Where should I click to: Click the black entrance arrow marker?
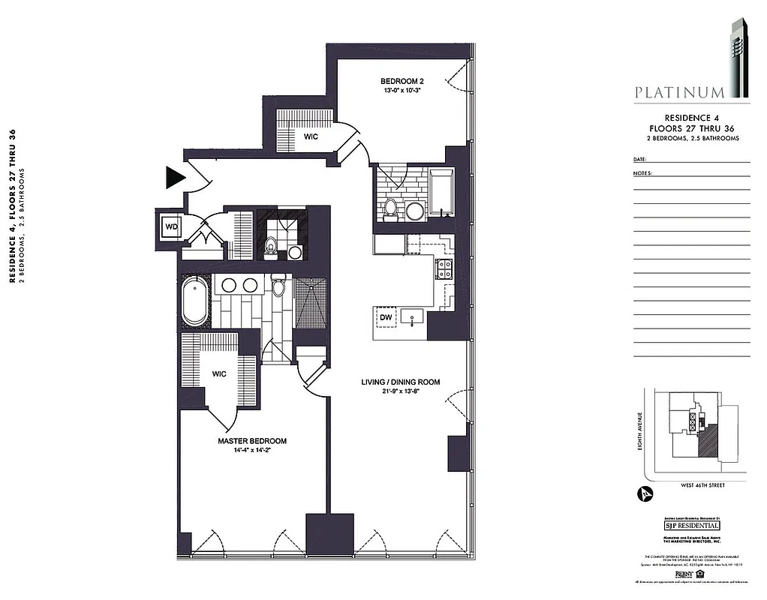[174, 178]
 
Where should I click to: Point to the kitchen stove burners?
[444, 268]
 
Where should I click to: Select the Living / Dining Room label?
[400, 382]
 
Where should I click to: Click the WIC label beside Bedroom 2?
[311, 137]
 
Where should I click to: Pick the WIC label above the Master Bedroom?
[219, 373]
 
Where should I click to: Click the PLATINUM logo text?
[679, 93]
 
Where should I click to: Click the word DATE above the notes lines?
[639, 160]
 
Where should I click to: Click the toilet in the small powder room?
[271, 244]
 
